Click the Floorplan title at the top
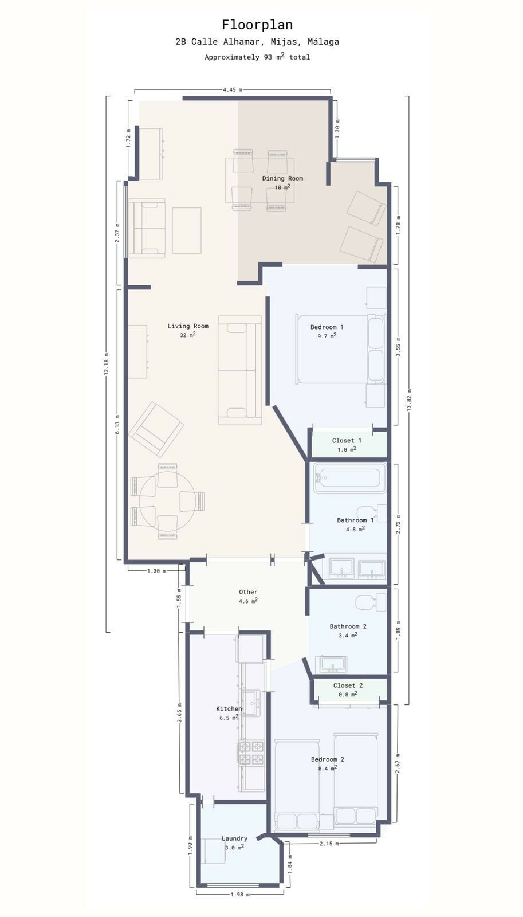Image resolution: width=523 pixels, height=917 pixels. (257, 25)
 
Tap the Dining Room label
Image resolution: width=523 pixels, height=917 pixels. (282, 178)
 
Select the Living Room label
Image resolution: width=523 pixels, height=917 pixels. (188, 326)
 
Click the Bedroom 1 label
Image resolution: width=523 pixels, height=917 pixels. (327, 327)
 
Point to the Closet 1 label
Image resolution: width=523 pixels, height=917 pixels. (347, 441)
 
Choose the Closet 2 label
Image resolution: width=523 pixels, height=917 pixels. (348, 685)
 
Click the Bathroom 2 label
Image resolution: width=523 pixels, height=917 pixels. (348, 626)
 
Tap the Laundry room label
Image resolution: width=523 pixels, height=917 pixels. (234, 838)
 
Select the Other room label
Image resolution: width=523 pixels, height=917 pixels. (248, 592)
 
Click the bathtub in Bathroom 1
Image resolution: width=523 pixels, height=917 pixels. (349, 478)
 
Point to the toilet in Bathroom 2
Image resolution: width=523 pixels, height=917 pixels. (371, 603)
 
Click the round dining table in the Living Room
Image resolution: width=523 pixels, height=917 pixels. (167, 501)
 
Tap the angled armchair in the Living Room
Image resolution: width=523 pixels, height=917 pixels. (155, 429)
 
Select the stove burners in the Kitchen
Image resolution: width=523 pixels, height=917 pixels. (251, 753)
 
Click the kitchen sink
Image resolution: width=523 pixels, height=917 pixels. (251, 703)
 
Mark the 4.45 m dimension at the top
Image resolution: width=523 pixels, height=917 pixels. (233, 89)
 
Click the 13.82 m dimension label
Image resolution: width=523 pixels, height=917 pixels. (409, 401)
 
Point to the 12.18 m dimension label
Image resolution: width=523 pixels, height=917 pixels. (107, 364)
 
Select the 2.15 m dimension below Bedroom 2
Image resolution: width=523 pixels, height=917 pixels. (329, 844)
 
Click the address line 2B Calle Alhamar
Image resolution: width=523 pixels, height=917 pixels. (257, 41)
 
